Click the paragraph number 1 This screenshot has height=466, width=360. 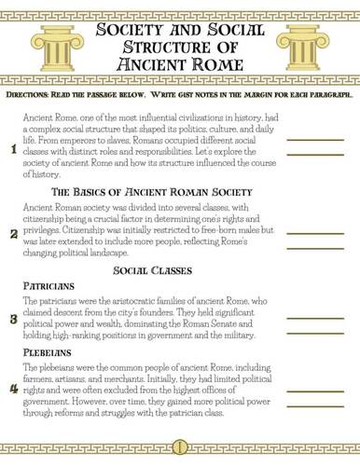tap(11, 149)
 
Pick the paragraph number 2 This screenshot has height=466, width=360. tap(11, 233)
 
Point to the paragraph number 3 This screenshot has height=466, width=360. tap(11, 319)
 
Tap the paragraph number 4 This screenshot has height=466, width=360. tap(11, 387)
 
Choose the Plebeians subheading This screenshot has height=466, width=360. tap(46, 355)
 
